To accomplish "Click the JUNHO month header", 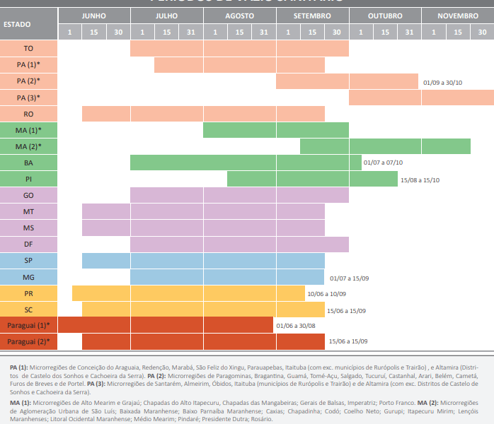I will click(x=94, y=16).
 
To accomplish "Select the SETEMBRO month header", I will click(x=312, y=16).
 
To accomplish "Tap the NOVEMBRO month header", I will click(x=457, y=16).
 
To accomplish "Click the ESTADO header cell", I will click(x=17, y=24).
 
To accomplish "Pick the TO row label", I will click(x=29, y=48).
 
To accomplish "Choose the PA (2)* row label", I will click(x=29, y=81).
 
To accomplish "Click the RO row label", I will click(x=29, y=114).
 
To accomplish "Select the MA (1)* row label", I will click(x=29, y=130).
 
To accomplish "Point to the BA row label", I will click(x=29, y=163).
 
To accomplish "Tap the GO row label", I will click(x=29, y=195).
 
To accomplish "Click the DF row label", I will click(x=29, y=244).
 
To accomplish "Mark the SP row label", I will click(x=29, y=261).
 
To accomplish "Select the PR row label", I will click(x=29, y=293).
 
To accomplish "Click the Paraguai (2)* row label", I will click(x=29, y=341).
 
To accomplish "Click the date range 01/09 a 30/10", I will click(x=442, y=83).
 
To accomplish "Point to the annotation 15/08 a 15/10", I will click(x=420, y=180).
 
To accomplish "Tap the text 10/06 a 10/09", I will click(x=326, y=294).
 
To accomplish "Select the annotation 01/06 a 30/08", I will click(x=295, y=326).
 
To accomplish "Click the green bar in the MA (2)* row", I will click(x=385, y=146).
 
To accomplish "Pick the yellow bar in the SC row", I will click(x=202, y=310).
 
